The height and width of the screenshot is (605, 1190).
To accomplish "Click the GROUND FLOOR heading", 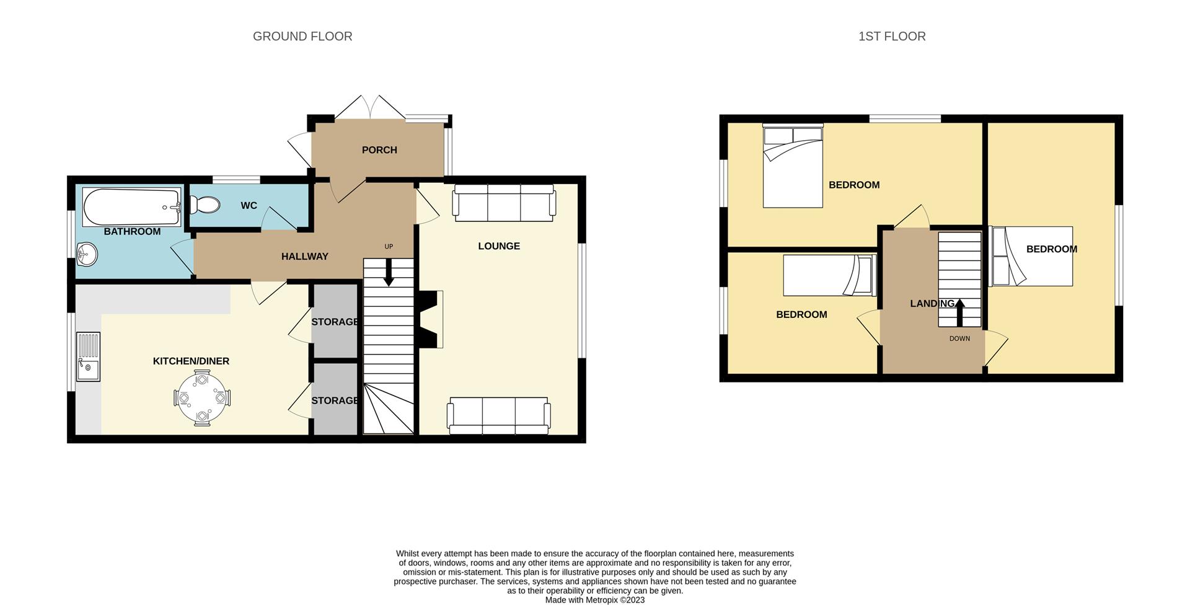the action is (302, 37).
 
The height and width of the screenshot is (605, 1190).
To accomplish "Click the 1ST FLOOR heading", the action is (892, 37).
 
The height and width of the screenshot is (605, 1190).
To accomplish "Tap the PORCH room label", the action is (379, 150).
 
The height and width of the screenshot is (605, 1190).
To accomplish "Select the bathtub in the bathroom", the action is (131, 207).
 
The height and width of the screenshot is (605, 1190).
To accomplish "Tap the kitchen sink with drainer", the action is (88, 356).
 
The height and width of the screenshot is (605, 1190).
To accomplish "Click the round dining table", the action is (202, 398).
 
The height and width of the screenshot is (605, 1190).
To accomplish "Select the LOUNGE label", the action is (499, 246).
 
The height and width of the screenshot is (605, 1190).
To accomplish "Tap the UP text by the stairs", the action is (389, 246).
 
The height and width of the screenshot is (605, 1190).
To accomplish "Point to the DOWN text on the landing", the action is (959, 338).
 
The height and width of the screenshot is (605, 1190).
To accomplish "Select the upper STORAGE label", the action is (335, 322).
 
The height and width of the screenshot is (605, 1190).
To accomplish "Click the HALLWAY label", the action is (304, 257).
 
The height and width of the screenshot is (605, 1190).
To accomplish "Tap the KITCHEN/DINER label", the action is (191, 361).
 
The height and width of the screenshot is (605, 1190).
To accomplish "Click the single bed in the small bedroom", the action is (829, 275).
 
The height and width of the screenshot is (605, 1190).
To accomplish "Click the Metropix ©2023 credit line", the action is (595, 600).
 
